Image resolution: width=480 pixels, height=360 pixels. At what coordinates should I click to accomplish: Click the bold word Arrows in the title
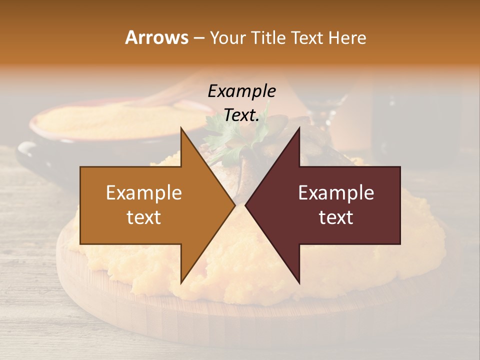[x=156, y=37]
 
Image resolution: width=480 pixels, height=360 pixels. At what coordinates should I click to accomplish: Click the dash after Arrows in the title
[x=198, y=38]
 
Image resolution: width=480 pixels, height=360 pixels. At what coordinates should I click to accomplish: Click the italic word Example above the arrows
[x=241, y=91]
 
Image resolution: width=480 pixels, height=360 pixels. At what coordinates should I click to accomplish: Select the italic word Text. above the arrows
[x=241, y=115]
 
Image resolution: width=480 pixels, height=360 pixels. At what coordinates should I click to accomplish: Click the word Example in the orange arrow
[x=144, y=193]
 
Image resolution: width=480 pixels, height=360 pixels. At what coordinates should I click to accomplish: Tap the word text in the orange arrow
[x=144, y=217]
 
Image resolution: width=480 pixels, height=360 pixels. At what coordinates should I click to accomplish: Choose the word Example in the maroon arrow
[x=336, y=193]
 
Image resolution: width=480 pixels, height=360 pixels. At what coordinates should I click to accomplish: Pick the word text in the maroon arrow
[x=336, y=217]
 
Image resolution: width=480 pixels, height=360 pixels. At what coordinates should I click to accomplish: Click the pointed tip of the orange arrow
[x=234, y=205]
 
